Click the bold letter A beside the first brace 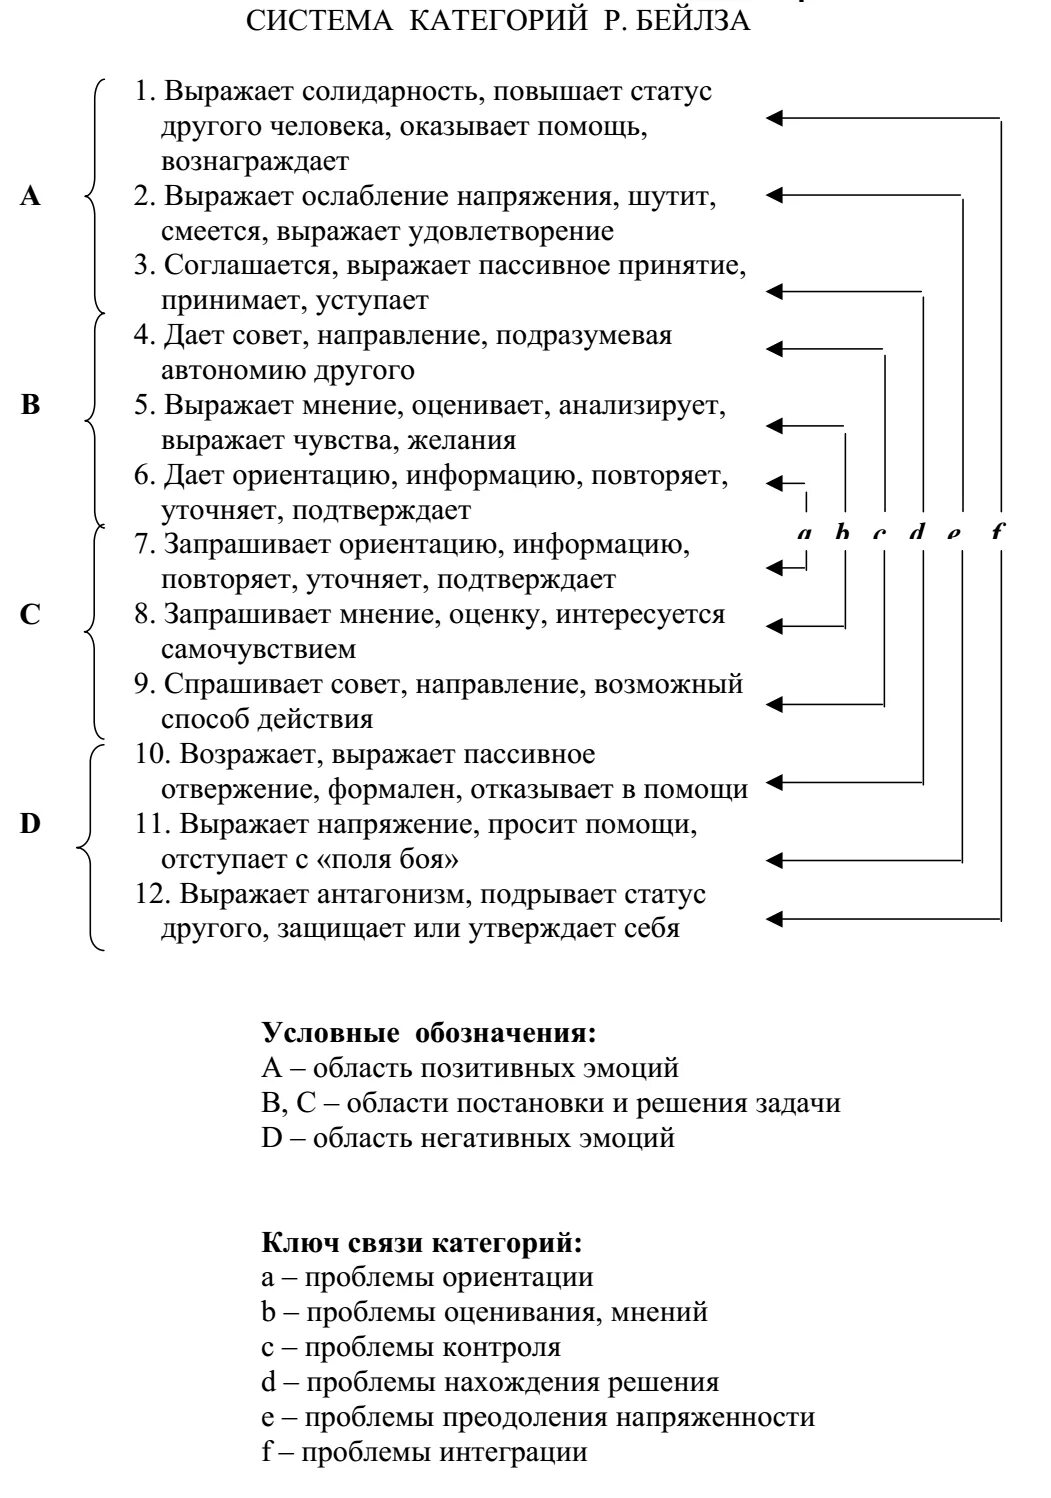coord(31,197)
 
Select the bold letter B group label coord(31,406)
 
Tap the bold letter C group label coord(31,614)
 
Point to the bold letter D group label coord(31,824)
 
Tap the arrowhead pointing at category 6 coord(773,482)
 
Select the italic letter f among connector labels coord(996,533)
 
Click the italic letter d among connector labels coord(917,533)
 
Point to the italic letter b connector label coord(842,533)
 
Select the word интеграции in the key coord(513,1452)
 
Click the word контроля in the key coord(501,1347)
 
